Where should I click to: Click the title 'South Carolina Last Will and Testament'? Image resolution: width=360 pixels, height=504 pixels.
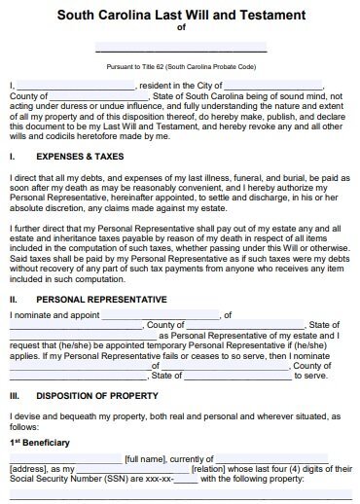click(x=180, y=15)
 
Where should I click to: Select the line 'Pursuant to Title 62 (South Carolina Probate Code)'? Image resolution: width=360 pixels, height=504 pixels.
click(x=180, y=69)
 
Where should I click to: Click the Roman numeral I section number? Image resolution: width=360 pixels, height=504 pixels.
click(x=11, y=155)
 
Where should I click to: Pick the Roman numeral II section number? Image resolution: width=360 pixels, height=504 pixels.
click(x=13, y=300)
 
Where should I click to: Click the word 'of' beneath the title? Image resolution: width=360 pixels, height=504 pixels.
click(x=180, y=28)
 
